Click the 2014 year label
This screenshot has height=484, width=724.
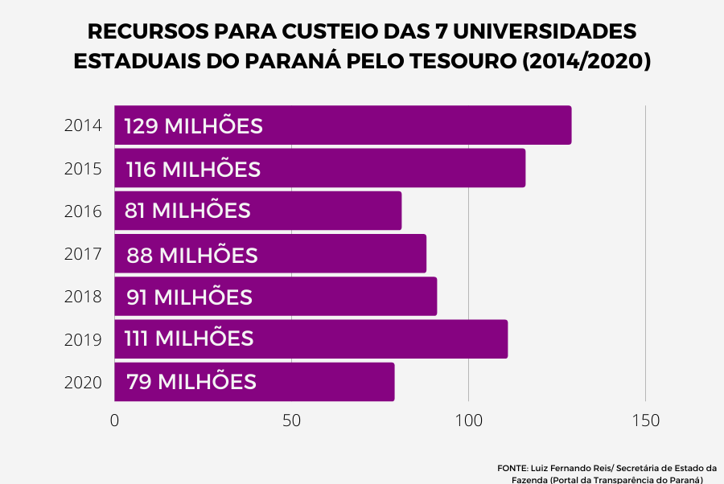click(83, 126)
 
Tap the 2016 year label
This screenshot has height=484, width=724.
click(83, 211)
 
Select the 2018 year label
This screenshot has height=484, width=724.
click(83, 297)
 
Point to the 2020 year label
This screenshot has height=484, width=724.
click(83, 382)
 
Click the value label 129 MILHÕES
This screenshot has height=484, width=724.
click(193, 126)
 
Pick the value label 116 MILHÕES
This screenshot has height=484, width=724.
click(193, 170)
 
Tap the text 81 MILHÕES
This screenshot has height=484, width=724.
click(187, 211)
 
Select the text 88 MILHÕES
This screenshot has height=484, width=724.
click(192, 256)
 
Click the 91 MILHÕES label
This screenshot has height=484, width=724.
click(189, 297)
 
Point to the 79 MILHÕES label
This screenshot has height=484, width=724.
click(191, 382)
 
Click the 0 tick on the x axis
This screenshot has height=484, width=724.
click(114, 421)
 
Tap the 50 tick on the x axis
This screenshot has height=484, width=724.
click(291, 421)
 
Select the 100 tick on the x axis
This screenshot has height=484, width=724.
click(468, 421)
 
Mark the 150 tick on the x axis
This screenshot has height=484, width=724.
click(645, 421)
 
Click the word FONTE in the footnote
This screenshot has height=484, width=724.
click(512, 467)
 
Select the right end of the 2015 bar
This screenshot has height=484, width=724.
click(524, 168)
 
